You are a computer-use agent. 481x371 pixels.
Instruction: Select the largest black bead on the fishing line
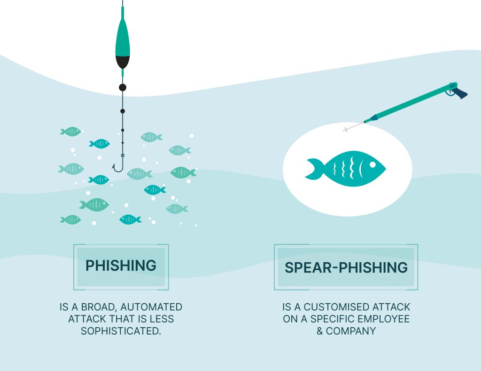123,87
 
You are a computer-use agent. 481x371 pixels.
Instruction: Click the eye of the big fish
372,165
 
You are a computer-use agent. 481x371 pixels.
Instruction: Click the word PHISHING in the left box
121,266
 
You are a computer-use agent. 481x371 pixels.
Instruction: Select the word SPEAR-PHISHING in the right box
346,267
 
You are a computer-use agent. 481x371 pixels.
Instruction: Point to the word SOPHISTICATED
121,331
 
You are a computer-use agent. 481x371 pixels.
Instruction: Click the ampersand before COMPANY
320,331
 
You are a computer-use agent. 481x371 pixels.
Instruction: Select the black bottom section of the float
123,61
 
